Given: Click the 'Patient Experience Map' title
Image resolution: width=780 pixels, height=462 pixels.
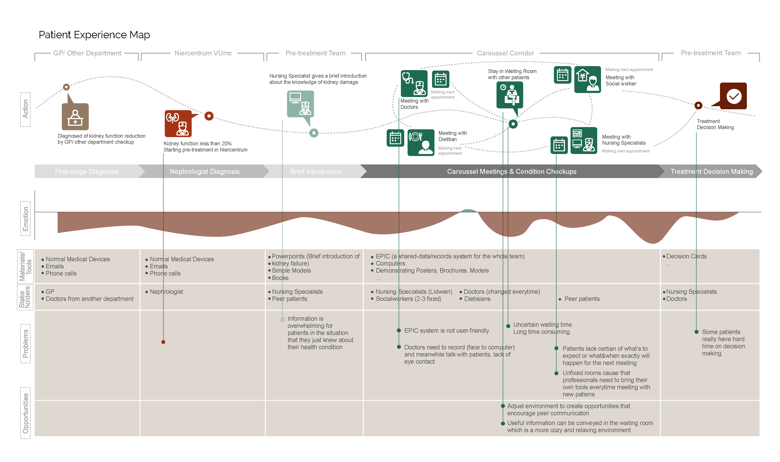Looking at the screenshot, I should [x=94, y=35].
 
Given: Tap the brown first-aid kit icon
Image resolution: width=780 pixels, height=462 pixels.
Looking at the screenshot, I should [x=75, y=117].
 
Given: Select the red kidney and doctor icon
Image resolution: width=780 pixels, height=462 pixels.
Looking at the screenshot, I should [x=178, y=124].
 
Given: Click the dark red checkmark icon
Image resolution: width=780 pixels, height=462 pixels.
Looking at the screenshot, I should [x=733, y=96].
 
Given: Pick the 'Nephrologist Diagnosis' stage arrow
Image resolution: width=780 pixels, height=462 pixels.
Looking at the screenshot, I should [x=204, y=172].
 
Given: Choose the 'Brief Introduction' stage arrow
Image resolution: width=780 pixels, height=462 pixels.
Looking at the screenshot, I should [x=316, y=172].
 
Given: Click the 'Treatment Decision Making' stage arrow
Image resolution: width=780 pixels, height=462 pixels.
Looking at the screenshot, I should [x=711, y=172].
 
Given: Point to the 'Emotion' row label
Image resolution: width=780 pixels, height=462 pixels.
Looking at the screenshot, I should [x=26, y=219].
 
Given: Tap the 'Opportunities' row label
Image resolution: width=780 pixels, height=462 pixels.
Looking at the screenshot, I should [x=26, y=413].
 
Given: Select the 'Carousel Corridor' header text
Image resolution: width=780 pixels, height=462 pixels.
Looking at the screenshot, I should [x=505, y=53].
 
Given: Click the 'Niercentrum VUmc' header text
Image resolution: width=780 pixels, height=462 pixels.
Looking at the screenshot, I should [x=203, y=53].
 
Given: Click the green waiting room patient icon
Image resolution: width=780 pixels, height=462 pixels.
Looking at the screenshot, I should [x=510, y=95].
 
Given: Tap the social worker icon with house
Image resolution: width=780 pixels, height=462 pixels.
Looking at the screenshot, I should [x=587, y=79].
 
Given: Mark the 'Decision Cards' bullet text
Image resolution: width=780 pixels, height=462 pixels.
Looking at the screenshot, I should [x=686, y=256].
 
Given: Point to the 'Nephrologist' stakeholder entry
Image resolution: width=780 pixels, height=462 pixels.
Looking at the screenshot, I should [x=166, y=292].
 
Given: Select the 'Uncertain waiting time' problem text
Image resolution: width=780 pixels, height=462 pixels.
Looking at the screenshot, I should [x=542, y=325].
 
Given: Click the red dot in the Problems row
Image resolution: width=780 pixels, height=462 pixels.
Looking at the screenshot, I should [x=163, y=342].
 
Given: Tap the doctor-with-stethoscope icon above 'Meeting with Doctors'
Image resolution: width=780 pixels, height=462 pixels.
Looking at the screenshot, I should [x=414, y=83].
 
